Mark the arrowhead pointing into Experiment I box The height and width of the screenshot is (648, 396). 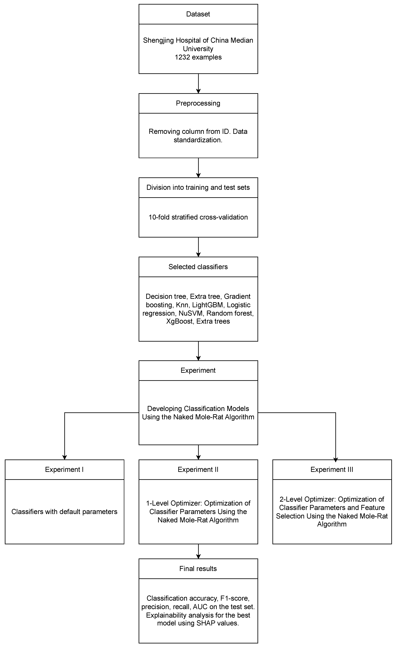(x=64, y=457)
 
